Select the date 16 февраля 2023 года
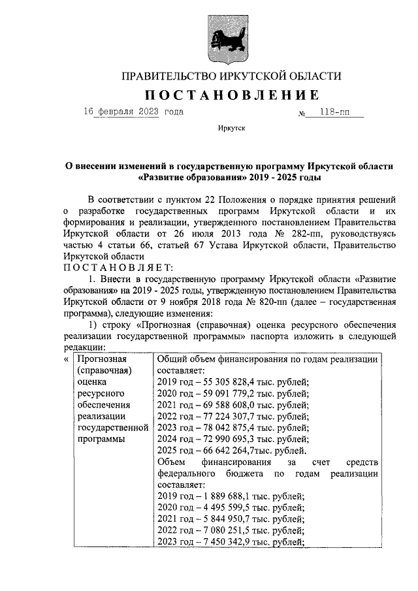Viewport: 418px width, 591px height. [133, 112]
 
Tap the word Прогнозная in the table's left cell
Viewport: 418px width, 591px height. [101, 360]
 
